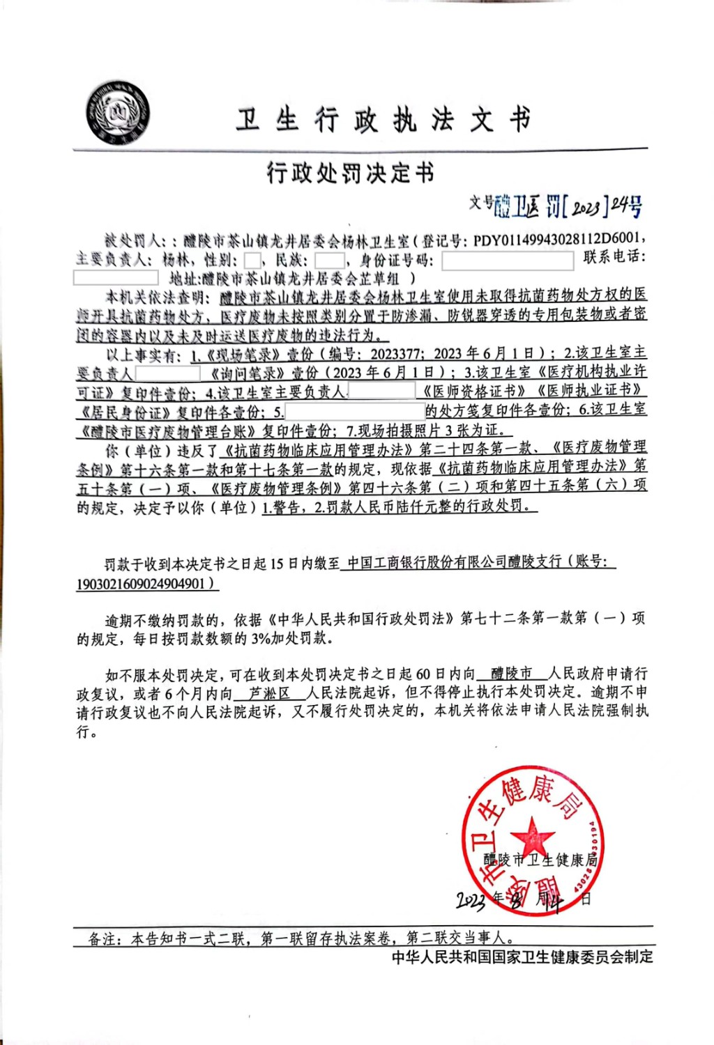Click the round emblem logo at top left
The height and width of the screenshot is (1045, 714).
pyautogui.click(x=118, y=113)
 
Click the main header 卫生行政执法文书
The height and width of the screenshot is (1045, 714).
pyautogui.click(x=383, y=120)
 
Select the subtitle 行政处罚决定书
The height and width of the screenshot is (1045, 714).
pyautogui.click(x=351, y=172)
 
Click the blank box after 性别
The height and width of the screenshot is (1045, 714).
pyautogui.click(x=252, y=261)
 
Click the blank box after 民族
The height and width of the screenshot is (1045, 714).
pyautogui.click(x=329, y=261)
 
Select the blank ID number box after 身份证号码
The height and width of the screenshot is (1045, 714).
pyautogui.click(x=508, y=261)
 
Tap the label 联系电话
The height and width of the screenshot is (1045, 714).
pyautogui.click(x=614, y=256)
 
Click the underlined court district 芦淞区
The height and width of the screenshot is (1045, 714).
pyautogui.click(x=269, y=694)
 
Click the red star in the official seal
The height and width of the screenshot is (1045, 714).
pyautogui.click(x=533, y=834)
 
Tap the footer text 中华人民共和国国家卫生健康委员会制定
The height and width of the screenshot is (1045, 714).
pyautogui.click(x=522, y=957)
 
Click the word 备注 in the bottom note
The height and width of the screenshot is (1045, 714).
pyautogui.click(x=102, y=939)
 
